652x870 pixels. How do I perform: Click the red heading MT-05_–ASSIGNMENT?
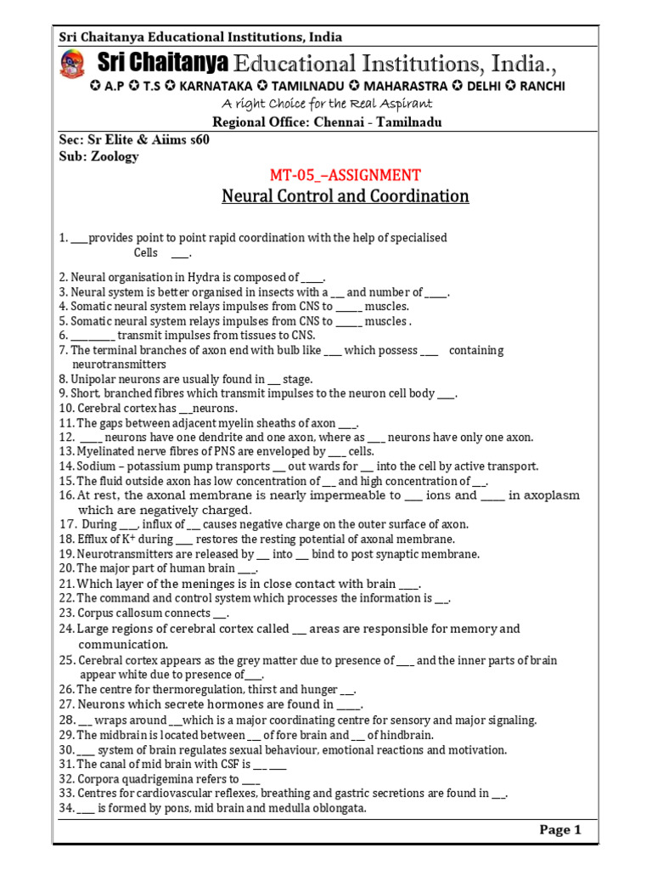(345, 175)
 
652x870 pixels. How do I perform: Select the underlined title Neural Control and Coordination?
(345, 196)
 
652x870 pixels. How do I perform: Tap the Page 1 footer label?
(560, 830)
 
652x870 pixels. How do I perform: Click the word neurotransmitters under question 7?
(120, 364)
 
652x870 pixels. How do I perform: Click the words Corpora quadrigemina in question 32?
(134, 779)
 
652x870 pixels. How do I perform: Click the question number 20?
(66, 568)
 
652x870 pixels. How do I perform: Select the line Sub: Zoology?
(98, 156)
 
